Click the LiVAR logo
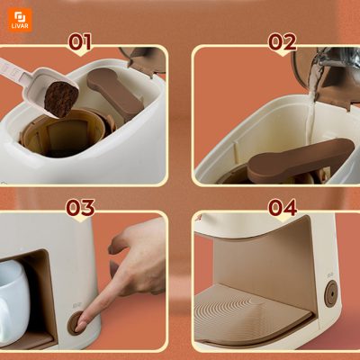pos(20,20)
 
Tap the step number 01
pos(80,41)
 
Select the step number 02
pos(282,41)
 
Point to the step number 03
pos(80,208)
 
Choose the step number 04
pos(283,208)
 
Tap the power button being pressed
pos(76,323)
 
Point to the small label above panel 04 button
pos(330,274)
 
